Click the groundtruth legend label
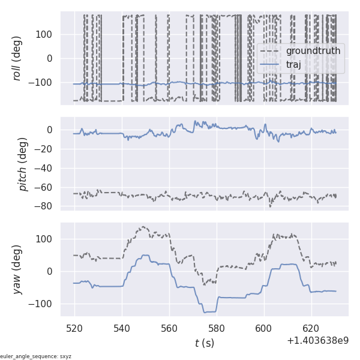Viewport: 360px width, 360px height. [x=313, y=51]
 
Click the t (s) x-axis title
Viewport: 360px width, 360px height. [x=204, y=343]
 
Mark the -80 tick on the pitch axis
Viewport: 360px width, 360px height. [x=43, y=206]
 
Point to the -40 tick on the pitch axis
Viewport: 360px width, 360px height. [x=43, y=168]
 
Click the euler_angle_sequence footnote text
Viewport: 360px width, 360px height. [x=36, y=356]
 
